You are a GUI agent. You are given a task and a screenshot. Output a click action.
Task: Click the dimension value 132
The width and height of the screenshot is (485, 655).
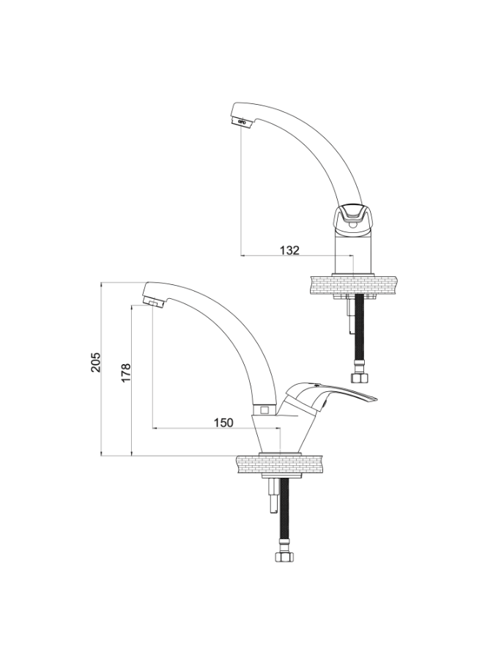click(x=289, y=251)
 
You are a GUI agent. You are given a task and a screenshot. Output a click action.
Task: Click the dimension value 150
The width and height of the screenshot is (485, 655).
click(x=223, y=423)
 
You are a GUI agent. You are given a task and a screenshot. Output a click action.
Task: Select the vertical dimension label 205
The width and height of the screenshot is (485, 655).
click(x=96, y=362)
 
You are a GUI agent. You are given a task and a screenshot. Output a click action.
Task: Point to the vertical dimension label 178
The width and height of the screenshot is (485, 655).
click(x=126, y=373)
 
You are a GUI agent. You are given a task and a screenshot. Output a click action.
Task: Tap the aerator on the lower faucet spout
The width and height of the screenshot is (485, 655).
click(x=153, y=302)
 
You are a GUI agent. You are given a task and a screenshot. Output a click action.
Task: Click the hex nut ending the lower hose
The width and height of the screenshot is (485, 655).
click(x=286, y=556)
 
